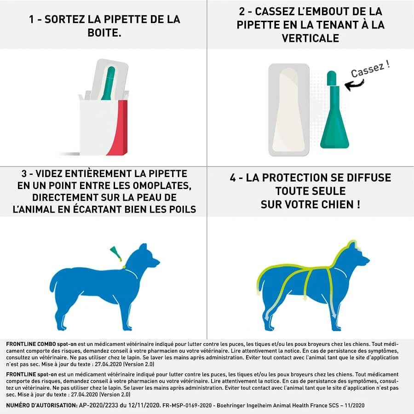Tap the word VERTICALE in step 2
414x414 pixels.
pyautogui.click(x=310, y=38)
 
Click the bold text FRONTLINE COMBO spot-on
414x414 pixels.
pyautogui.click(x=41, y=345)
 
